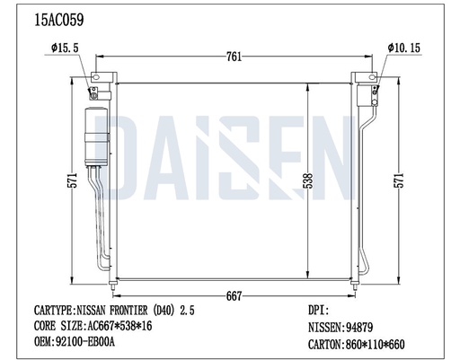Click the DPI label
tap(319, 310)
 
